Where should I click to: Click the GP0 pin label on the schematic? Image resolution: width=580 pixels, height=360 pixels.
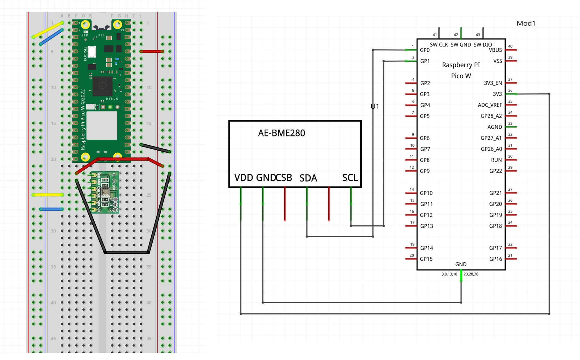[x=425, y=50]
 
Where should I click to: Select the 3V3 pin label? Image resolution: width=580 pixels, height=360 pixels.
[x=497, y=94]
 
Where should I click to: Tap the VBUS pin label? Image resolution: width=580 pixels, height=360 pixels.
[x=495, y=50]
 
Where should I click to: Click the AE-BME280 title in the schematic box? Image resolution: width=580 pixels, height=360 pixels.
[x=281, y=133]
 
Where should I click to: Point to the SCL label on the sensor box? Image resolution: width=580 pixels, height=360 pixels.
[x=350, y=177]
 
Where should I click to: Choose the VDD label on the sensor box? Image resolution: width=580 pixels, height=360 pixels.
[x=243, y=177]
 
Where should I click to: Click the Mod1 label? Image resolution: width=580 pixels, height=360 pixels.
[x=526, y=23]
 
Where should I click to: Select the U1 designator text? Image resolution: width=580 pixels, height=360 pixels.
[x=375, y=106]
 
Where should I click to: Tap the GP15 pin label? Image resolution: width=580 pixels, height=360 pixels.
[x=426, y=259]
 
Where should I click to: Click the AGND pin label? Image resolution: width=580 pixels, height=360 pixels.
[x=494, y=127]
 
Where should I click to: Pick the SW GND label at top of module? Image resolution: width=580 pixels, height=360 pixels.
[x=460, y=45]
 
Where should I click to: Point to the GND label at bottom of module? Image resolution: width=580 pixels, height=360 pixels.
[x=460, y=264]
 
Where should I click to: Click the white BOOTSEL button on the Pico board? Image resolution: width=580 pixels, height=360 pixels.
[x=92, y=52]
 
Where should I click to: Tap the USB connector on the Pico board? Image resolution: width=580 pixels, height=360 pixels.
[x=101, y=21]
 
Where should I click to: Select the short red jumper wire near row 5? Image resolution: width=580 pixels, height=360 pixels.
[x=152, y=51]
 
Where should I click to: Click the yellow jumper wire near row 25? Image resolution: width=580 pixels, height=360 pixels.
[x=48, y=195]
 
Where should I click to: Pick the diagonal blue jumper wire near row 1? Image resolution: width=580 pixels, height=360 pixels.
[x=51, y=37]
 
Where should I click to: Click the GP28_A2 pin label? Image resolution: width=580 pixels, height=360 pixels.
[x=491, y=116]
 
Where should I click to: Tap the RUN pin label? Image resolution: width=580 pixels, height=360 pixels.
[x=496, y=160]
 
